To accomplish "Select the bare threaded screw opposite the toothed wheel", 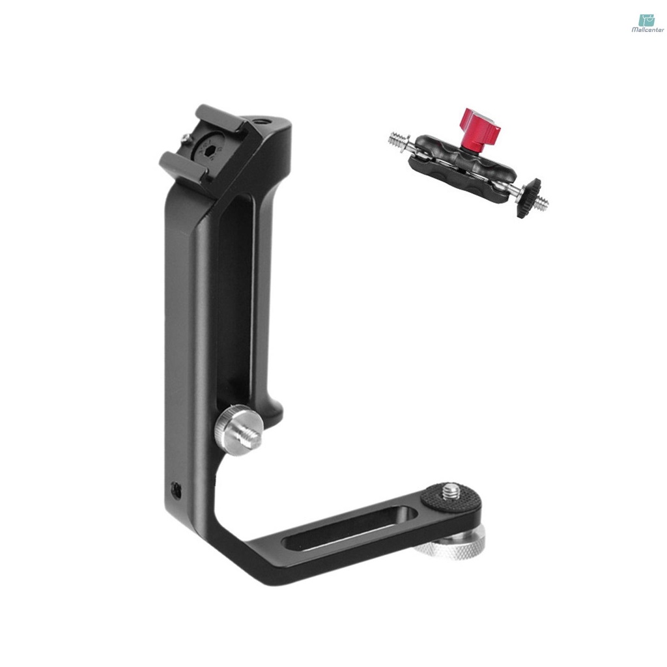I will (397, 139).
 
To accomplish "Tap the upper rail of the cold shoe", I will (220, 117).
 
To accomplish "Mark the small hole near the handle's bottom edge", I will (174, 488).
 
